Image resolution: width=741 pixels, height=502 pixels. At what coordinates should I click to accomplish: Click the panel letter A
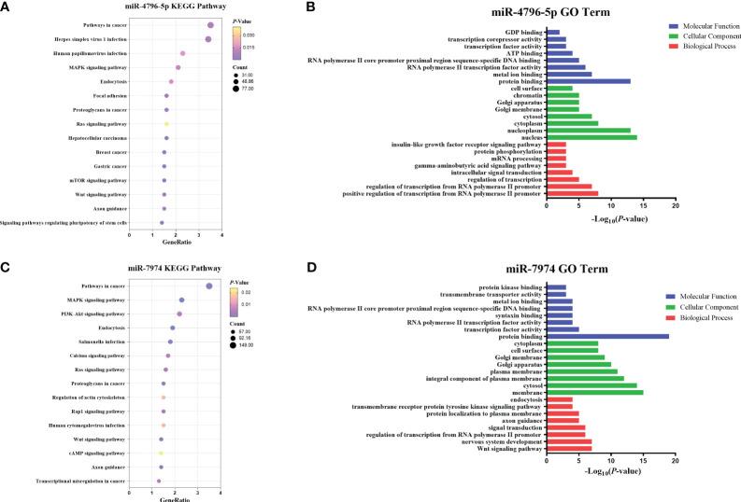pos(7,8)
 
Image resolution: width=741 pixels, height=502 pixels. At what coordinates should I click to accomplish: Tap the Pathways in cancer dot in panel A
pos(210,25)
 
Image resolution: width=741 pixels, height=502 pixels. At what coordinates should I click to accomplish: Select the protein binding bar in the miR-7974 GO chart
pos(607,336)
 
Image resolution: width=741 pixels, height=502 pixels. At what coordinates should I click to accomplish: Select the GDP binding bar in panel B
pos(552,32)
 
